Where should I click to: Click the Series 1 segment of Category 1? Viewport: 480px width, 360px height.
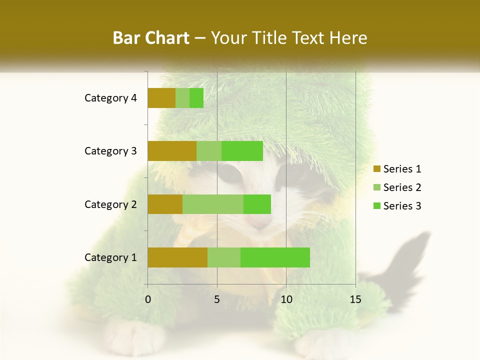click(177, 257)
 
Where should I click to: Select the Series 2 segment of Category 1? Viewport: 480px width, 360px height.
click(224, 257)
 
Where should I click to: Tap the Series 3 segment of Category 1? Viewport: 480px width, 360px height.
click(275, 257)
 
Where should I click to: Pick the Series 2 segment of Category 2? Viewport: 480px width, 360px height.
click(213, 204)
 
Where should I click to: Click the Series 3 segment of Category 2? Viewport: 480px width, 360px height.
click(257, 204)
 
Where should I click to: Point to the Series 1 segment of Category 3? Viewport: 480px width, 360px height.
click(172, 151)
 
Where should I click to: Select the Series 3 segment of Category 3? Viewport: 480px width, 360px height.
click(242, 151)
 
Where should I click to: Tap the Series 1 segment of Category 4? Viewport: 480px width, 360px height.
click(161, 98)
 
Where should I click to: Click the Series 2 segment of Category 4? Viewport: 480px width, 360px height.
click(182, 98)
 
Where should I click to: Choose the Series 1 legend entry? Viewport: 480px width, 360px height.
click(397, 169)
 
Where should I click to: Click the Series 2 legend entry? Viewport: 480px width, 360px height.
click(397, 187)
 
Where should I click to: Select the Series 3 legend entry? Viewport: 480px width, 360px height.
click(397, 206)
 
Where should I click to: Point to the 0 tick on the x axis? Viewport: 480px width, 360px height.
click(148, 299)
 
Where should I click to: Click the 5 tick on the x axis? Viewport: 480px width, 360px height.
click(217, 299)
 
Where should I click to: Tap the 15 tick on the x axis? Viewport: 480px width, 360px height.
click(355, 299)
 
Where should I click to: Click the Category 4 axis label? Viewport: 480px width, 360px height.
click(110, 98)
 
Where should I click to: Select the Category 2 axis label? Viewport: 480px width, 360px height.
click(110, 204)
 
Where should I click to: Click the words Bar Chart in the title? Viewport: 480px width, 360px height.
click(151, 37)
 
